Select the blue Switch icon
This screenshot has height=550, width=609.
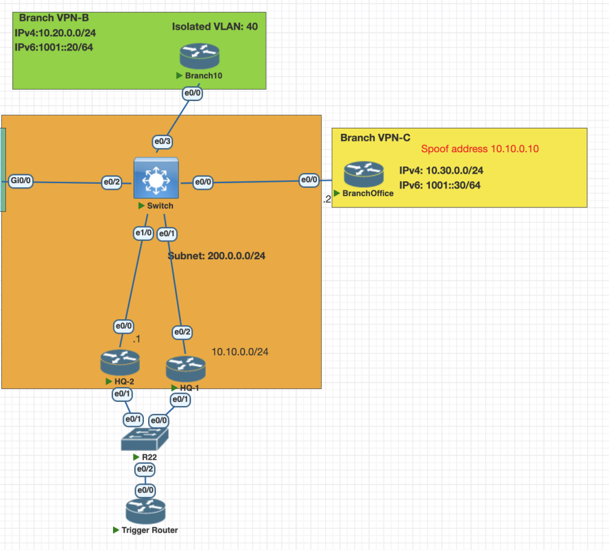[x=155, y=178]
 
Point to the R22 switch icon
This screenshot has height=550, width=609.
[x=146, y=441]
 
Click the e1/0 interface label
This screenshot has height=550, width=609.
[x=144, y=234]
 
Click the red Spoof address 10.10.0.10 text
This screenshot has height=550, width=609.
[x=480, y=149]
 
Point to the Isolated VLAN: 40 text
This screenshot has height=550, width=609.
[x=215, y=27]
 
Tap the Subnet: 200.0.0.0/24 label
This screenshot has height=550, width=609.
[x=216, y=257]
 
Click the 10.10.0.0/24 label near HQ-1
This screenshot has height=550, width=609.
[x=240, y=352]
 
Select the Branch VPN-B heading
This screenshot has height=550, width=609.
[x=54, y=18]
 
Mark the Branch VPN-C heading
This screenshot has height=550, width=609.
[x=375, y=138]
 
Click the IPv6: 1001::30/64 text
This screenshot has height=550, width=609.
[x=440, y=185]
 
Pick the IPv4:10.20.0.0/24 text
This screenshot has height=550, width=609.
[x=54, y=32]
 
